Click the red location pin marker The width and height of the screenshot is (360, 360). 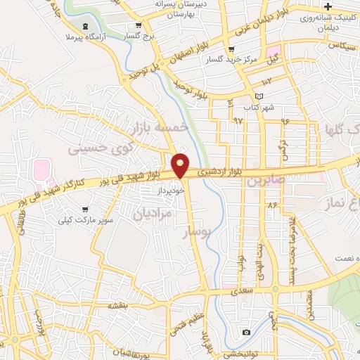click(181, 166)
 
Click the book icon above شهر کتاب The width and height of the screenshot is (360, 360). click(259, 96)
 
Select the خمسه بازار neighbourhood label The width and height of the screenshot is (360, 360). click(159, 127)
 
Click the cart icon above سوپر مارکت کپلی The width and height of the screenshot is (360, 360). click(84, 209)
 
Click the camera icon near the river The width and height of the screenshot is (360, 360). click(246, 332)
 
